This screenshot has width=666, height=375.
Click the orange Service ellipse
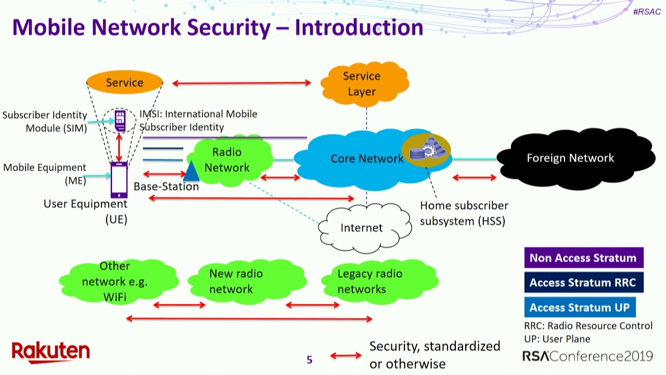tap(124, 82)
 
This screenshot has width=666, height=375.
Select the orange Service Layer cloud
tap(363, 84)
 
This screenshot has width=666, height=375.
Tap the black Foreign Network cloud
tap(572, 158)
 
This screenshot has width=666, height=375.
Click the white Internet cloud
tap(361, 228)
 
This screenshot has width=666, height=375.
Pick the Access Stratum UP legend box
tap(580, 308)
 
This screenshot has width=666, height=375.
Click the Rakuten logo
tap(50, 353)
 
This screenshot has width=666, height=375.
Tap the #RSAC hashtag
tap(647, 11)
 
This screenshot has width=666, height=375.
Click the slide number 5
tap(310, 359)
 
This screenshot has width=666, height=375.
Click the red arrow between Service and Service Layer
tap(241, 82)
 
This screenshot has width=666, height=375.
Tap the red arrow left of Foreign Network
tap(474, 178)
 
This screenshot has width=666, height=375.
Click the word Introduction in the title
tap(359, 27)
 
